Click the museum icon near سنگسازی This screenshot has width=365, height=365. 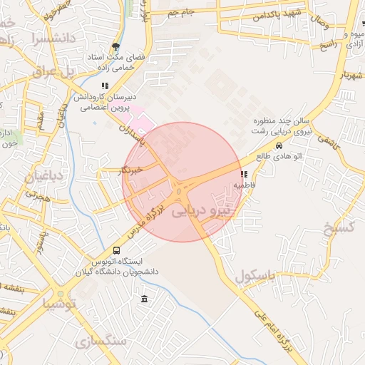[x=145, y=298]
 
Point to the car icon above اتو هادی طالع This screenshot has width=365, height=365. [x=278, y=146]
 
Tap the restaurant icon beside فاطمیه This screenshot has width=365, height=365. [x=245, y=173]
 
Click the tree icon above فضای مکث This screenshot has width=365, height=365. [x=116, y=43]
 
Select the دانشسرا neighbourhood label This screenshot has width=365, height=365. [x=49, y=37]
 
